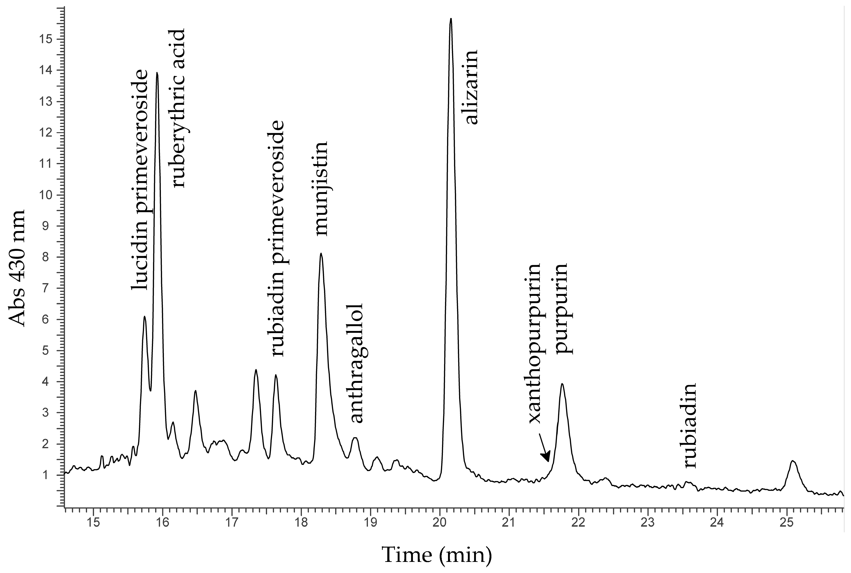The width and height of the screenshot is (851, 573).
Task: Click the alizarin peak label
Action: (x=471, y=88)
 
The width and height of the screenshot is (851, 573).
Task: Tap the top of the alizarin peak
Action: (x=451, y=19)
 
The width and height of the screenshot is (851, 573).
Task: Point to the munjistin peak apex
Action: (x=321, y=253)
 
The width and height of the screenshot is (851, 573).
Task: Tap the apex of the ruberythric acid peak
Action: (x=157, y=73)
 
